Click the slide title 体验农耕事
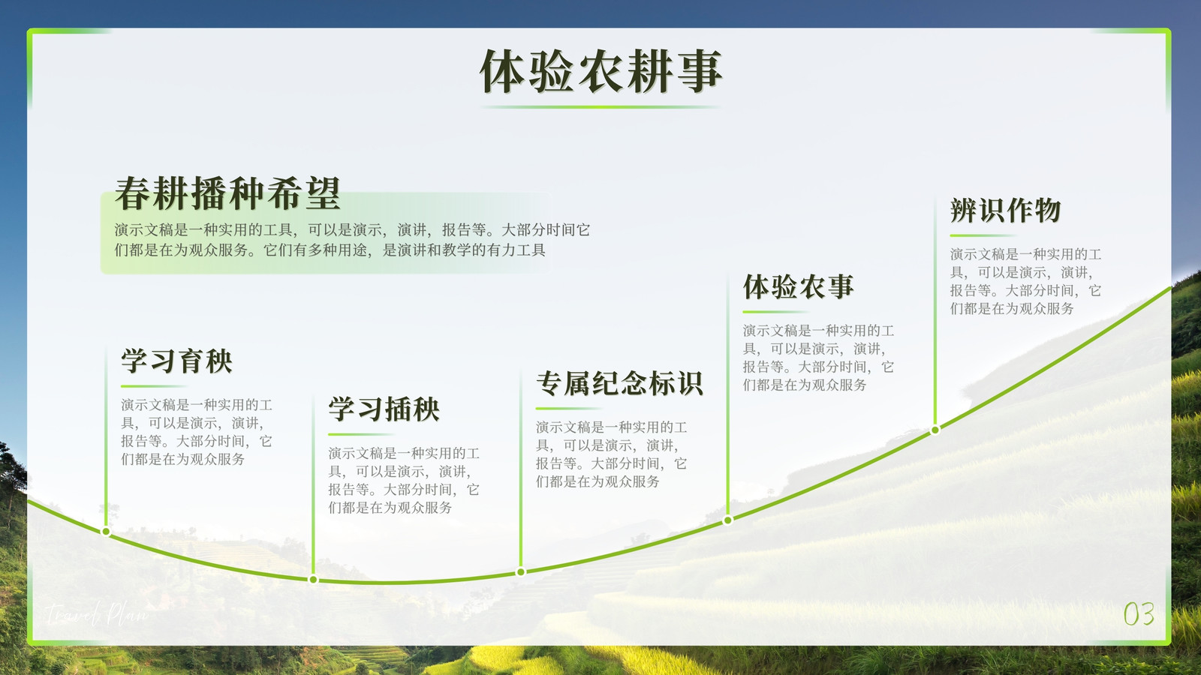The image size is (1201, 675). click(601, 71)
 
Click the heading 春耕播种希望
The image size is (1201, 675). click(227, 193)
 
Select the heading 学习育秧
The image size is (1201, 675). click(176, 361)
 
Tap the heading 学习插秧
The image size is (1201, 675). click(384, 409)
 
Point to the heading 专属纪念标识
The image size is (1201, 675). click(619, 383)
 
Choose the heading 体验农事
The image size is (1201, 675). click(799, 286)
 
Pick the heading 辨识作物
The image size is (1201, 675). click(1006, 210)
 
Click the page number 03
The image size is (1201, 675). click(1139, 614)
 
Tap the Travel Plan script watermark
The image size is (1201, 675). click(97, 613)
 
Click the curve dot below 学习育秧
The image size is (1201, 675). click(106, 532)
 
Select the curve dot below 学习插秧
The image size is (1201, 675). click(314, 580)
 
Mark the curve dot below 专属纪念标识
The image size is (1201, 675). click(521, 572)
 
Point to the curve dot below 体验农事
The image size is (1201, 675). click(727, 520)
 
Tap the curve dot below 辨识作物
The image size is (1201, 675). click(935, 430)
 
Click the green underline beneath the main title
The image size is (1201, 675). click(600, 107)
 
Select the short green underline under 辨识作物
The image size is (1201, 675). click(983, 235)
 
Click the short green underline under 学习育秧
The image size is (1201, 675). click(154, 385)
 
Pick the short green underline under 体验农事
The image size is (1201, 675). click(776, 312)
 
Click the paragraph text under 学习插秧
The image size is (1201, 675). click(404, 481)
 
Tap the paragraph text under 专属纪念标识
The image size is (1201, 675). click(611, 454)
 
